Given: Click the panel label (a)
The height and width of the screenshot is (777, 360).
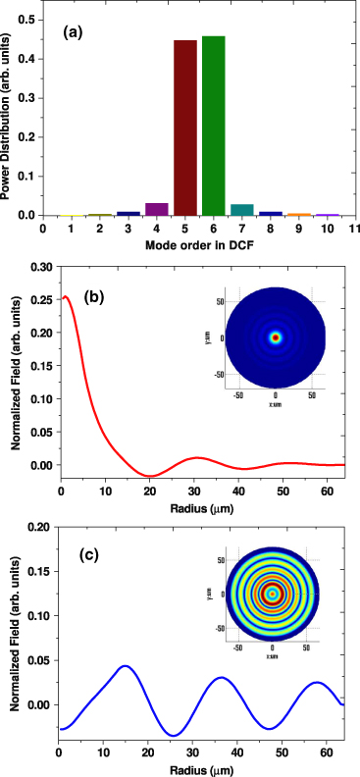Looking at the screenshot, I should point(73,32).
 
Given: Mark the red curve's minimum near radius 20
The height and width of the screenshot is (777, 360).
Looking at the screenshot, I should point(149,476).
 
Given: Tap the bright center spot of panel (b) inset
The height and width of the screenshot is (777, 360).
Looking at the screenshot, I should point(276,337).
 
